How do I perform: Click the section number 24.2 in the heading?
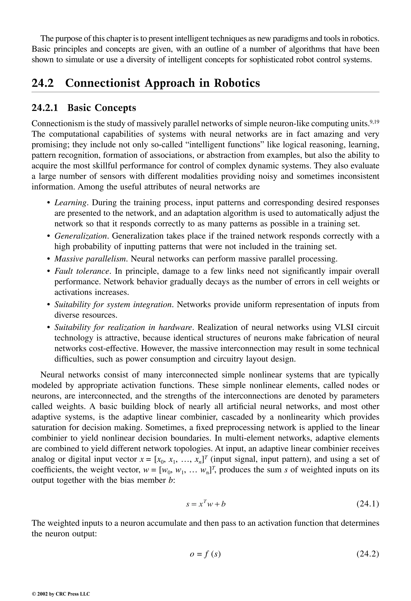(43, 83)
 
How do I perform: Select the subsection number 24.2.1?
(45, 108)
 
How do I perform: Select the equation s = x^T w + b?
(206, 504)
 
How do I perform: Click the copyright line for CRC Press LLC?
(61, 594)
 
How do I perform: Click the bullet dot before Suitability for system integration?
(48, 305)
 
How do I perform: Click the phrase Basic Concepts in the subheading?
(102, 108)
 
